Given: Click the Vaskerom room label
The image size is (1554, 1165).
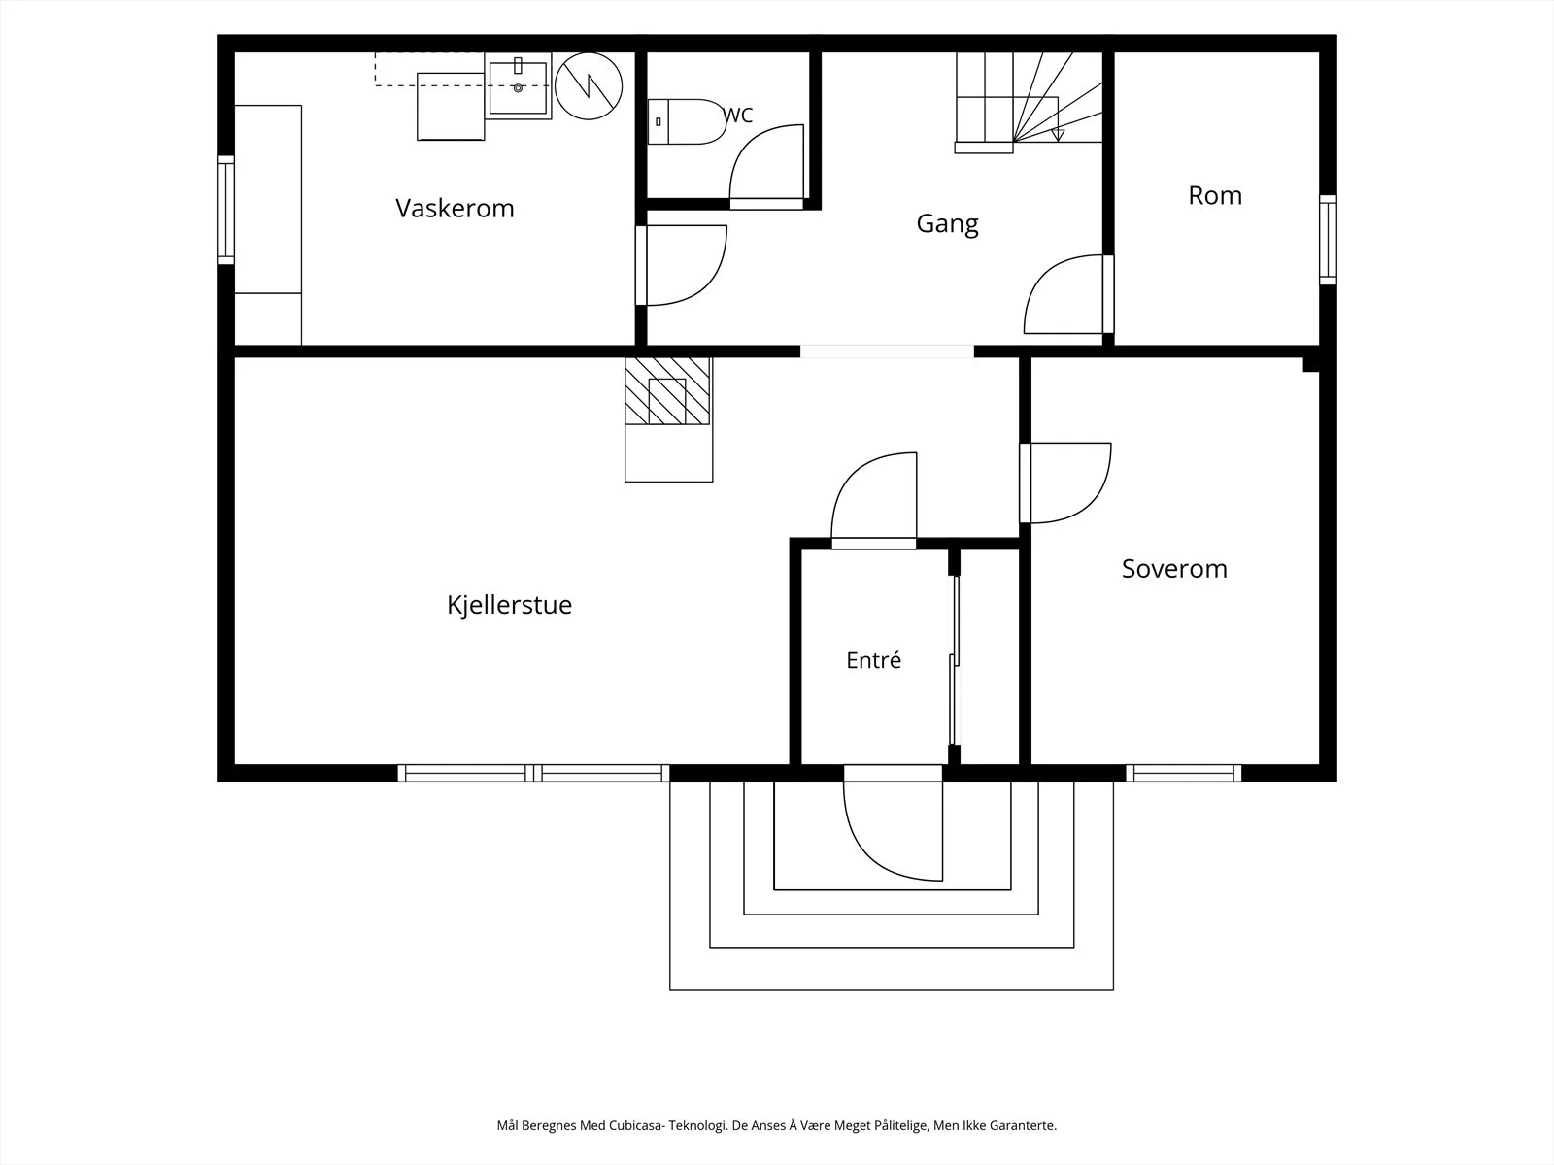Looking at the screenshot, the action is tap(455, 208).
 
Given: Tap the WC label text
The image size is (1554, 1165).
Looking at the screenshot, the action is tap(738, 116).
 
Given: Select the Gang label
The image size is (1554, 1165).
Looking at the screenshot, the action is tap(947, 224).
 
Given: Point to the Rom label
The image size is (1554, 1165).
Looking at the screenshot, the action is tap(1215, 195).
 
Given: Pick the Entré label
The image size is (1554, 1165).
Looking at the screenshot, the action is tap(873, 660).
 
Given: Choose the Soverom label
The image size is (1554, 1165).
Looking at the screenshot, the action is tap(1174, 569).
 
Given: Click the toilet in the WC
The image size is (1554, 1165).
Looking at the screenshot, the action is tap(688, 121).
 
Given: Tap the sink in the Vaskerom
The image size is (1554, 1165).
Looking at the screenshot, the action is tap(519, 87).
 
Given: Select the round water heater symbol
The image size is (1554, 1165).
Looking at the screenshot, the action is tap(589, 86).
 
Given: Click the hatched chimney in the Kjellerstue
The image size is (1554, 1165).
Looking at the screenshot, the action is tap(667, 391).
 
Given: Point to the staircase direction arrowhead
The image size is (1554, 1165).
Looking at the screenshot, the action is tap(1058, 135).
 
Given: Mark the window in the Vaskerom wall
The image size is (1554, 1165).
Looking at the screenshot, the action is tap(226, 210).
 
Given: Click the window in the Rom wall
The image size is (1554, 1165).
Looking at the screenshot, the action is tap(1328, 240).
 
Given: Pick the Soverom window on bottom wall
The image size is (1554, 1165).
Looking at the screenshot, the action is tap(1184, 773).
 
